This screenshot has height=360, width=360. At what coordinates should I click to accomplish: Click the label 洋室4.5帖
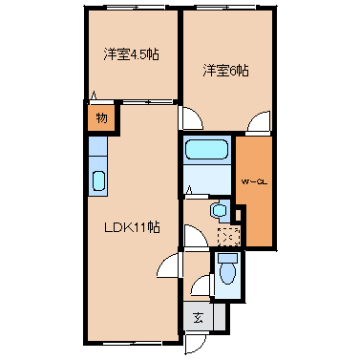tap(131, 54)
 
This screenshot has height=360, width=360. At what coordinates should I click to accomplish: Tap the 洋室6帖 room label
tap(224, 70)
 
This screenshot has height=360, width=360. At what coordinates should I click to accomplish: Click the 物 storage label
tap(100, 118)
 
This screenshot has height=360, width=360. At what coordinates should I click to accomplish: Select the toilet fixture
tap(227, 272)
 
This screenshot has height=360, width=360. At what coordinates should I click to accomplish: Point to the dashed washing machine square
tap(228, 235)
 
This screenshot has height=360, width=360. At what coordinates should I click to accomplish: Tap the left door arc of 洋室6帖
tap(191, 118)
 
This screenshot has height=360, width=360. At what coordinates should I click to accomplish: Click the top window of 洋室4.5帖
tap(132, 9)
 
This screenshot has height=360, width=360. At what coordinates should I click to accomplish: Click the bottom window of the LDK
tap(131, 342)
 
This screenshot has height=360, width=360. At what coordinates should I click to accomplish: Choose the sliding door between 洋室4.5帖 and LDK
tap(134, 98)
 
